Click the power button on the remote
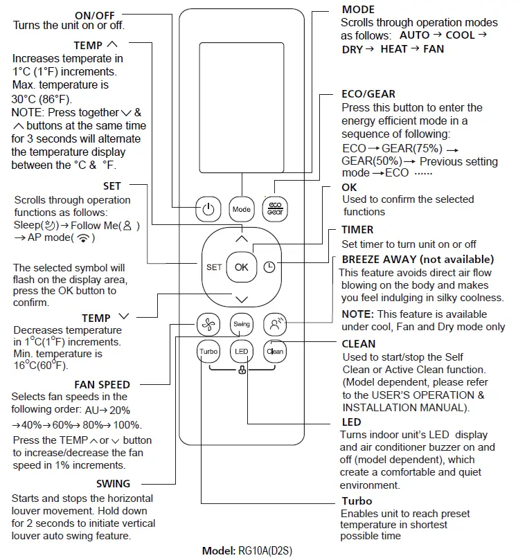click(x=208, y=208)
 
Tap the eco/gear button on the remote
click(x=275, y=208)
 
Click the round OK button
click(x=241, y=267)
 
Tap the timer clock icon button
click(x=269, y=267)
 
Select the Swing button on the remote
click(x=241, y=323)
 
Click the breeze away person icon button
click(x=275, y=323)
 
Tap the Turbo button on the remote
click(x=208, y=352)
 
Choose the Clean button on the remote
click(x=275, y=352)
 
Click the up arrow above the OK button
click(x=241, y=238)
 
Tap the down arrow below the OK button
click(x=241, y=299)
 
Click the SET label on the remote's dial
click(x=214, y=267)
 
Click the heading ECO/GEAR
click(x=368, y=93)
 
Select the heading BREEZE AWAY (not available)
click(x=418, y=259)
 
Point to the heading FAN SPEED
click(x=102, y=384)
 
